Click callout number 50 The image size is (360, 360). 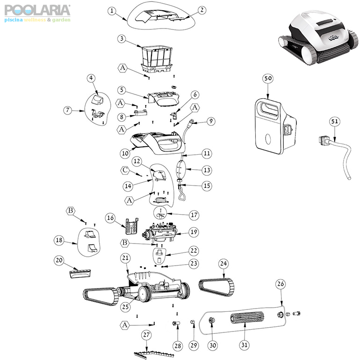(x=267, y=79)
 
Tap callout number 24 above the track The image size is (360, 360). (x=224, y=264)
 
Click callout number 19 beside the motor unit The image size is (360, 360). (x=193, y=232)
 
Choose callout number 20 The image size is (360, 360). (x=59, y=260)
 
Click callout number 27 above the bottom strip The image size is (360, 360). (x=146, y=335)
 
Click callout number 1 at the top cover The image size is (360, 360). (x=111, y=10)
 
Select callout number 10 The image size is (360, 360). (x=124, y=153)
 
